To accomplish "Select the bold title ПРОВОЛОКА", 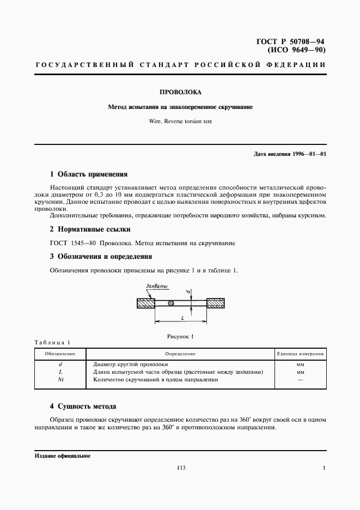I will coord(180,93).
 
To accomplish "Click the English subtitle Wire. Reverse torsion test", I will coord(180,121).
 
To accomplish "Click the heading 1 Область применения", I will coord(88,174).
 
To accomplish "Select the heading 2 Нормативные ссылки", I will coord(90,229).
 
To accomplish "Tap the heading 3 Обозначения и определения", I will coord(101,256).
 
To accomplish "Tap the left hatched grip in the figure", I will coord(146,303).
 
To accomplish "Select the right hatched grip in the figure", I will coord(216,303).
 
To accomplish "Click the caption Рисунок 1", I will coord(180,336).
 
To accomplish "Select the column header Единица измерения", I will coord(301,354).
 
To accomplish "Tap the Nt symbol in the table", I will coord(60,380).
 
